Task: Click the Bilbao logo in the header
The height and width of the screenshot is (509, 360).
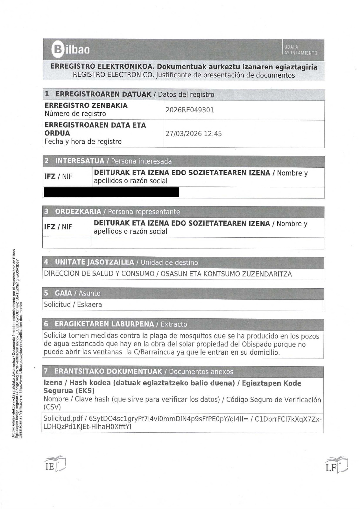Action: (x=71, y=50)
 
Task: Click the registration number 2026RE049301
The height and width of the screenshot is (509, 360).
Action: (x=190, y=110)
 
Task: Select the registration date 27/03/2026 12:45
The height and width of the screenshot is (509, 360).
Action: (x=194, y=134)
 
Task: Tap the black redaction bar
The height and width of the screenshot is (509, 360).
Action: (x=111, y=192)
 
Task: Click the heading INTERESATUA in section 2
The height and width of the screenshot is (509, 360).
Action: (x=80, y=161)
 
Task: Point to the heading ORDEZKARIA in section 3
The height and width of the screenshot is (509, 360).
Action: (x=78, y=212)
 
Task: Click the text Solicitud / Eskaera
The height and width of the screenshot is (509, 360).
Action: (x=73, y=304)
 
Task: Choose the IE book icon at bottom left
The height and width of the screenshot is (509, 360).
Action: (x=55, y=464)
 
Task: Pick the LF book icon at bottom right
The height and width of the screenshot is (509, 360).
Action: (x=336, y=465)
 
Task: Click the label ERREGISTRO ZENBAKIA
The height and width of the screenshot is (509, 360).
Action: (x=86, y=106)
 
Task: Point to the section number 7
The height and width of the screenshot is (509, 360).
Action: (x=46, y=371)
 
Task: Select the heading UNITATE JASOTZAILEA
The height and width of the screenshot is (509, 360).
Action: (x=94, y=262)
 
